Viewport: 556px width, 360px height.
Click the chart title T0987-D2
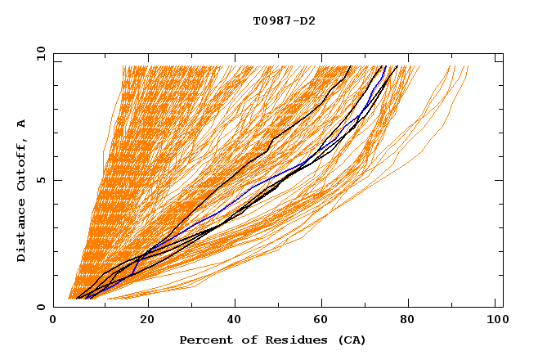pos(284,21)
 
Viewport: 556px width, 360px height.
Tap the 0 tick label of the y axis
pos(40,307)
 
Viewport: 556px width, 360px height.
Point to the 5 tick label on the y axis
pos(40,180)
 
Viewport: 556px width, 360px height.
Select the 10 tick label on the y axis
pos(38,52)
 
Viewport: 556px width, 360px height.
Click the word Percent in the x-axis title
pos(204,340)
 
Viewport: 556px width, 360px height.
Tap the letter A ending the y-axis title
pos(21,124)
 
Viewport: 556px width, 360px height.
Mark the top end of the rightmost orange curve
pos(468,66)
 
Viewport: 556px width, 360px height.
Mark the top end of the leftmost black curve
pos(351,66)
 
